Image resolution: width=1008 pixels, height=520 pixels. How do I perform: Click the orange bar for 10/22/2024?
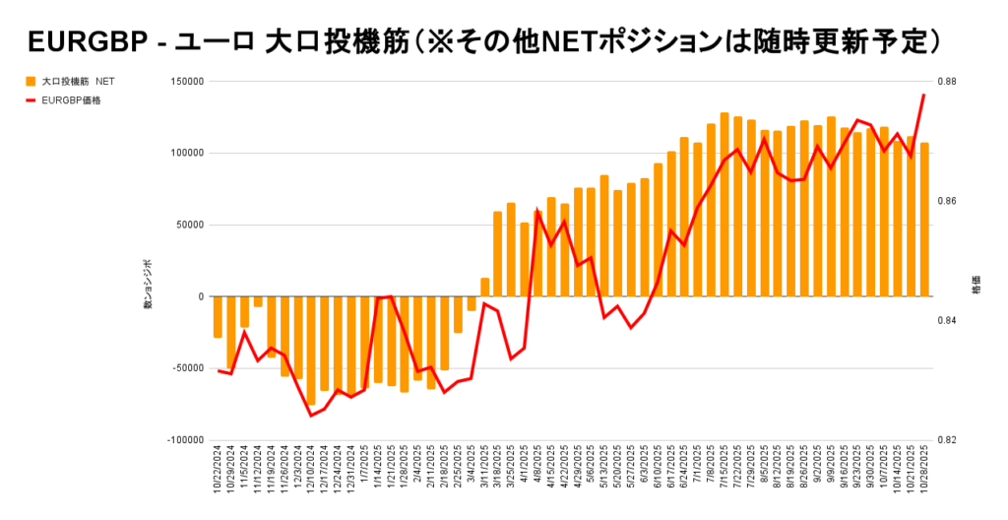[x=218, y=317]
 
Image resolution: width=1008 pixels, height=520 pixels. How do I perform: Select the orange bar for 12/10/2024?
[x=311, y=350]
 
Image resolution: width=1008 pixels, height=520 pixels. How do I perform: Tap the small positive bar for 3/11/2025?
[x=484, y=287]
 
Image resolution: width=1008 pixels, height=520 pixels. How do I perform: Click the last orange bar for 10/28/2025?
[x=924, y=220]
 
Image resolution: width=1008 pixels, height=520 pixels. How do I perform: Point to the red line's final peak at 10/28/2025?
[x=924, y=95]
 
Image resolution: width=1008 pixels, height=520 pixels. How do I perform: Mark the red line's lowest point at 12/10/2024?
[x=311, y=416]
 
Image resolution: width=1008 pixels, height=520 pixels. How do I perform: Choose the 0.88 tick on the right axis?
[x=945, y=81]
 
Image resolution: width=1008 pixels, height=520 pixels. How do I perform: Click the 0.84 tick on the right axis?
[x=945, y=321]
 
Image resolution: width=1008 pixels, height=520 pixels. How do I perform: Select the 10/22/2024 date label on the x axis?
[x=218, y=475]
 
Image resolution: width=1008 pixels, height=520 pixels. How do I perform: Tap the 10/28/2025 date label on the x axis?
[x=924, y=475]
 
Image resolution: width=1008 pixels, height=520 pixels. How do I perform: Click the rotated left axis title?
[x=149, y=287]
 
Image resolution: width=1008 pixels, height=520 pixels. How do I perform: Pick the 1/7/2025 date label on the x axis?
[x=364, y=472]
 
